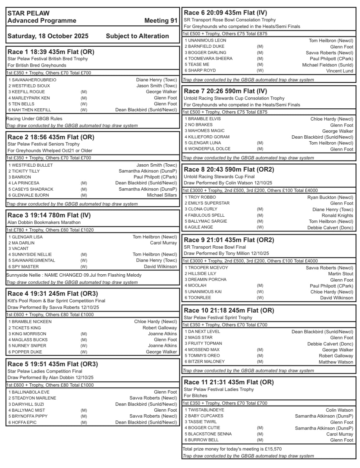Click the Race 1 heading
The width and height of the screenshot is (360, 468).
(51, 52)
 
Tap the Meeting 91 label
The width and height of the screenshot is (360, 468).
(161, 20)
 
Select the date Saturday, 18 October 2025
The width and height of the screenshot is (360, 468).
(48, 36)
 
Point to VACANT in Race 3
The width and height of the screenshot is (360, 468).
(20, 249)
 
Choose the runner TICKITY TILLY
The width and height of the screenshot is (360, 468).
(26, 171)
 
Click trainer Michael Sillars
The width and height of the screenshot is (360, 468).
(162, 195)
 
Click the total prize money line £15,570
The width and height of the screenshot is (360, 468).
(232, 449)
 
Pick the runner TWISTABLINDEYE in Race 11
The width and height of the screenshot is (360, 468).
(206, 410)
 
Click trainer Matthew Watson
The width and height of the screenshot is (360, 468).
(336, 362)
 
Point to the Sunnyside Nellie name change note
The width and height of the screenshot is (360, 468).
(74, 275)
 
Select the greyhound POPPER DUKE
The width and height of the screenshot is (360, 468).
(27, 352)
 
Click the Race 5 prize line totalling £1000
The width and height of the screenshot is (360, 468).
(50, 385)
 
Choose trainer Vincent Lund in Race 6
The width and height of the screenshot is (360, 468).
(340, 71)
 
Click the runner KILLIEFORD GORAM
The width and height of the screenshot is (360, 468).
(209, 137)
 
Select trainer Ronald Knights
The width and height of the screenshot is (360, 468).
(337, 215)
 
